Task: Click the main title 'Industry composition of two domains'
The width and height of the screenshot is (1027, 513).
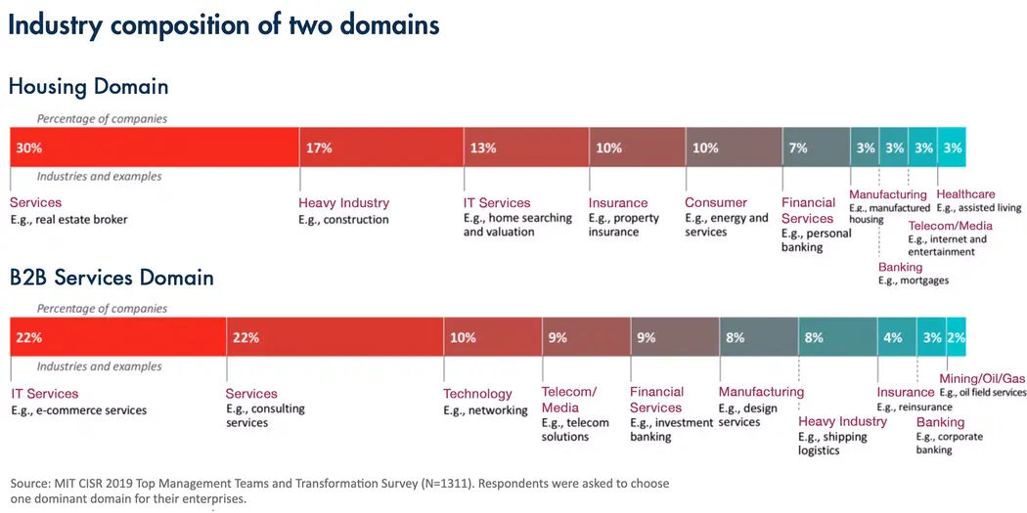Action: coord(224,24)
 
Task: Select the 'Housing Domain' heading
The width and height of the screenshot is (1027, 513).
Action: coord(88,86)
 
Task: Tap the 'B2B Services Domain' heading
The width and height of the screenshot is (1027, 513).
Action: coord(111,277)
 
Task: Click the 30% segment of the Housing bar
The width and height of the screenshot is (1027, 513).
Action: coord(154,148)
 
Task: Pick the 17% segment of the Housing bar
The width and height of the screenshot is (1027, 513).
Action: coord(380,148)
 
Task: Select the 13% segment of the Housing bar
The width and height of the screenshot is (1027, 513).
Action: coord(526,148)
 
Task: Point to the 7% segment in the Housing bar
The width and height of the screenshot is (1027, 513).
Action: coord(816,148)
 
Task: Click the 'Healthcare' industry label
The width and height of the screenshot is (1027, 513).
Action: coord(965,194)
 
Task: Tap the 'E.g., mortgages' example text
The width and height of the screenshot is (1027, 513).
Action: coord(914,280)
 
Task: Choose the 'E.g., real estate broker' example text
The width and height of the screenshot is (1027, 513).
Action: coord(68,220)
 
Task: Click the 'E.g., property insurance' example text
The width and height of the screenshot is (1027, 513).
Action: coord(624,226)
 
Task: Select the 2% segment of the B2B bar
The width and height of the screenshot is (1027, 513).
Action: coord(956,337)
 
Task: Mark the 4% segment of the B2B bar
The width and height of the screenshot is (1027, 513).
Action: coord(896,337)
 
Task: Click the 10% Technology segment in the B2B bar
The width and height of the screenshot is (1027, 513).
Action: coord(492,337)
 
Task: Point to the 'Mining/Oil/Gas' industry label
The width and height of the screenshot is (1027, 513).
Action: coord(982,378)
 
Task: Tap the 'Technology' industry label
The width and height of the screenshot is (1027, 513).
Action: coord(477,394)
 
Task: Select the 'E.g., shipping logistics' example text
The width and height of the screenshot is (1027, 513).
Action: coord(832,444)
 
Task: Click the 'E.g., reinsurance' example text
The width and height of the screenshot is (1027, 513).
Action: coord(915,407)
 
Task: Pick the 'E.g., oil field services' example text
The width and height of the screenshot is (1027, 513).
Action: coord(983,393)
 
